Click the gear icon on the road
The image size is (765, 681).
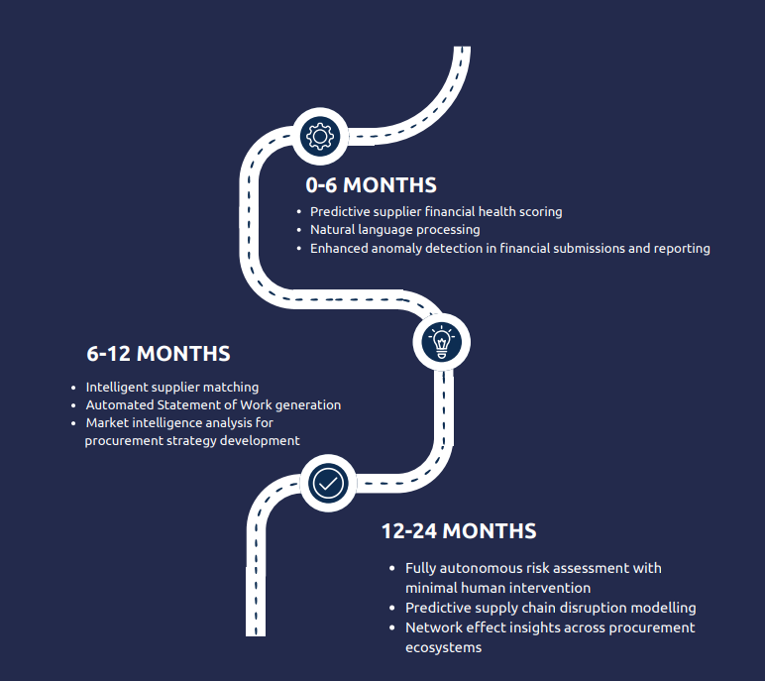[x=318, y=135]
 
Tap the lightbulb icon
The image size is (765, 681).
[x=442, y=342]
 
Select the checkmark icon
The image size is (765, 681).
[x=327, y=483]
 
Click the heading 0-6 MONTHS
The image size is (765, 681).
[x=371, y=185]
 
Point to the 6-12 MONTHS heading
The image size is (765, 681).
[x=159, y=354]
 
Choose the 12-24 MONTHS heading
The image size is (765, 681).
[x=459, y=531]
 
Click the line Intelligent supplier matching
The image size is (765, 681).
[x=171, y=387]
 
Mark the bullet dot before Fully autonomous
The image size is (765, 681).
[x=393, y=569]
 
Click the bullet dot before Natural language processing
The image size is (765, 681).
[x=298, y=230]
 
